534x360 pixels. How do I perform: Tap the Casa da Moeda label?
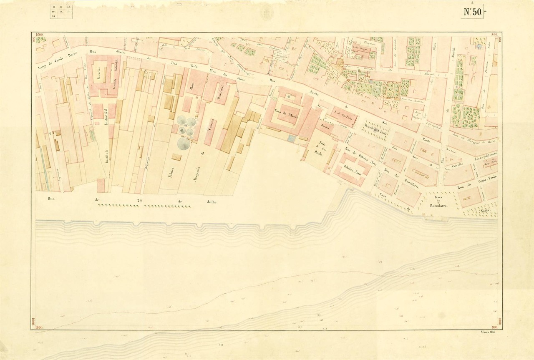[287, 112]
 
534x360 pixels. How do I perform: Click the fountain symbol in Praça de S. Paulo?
[375, 131]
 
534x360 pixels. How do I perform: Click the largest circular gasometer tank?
[183, 144]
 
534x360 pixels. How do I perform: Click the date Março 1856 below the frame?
[487, 332]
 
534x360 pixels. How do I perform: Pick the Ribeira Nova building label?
[352, 171]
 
